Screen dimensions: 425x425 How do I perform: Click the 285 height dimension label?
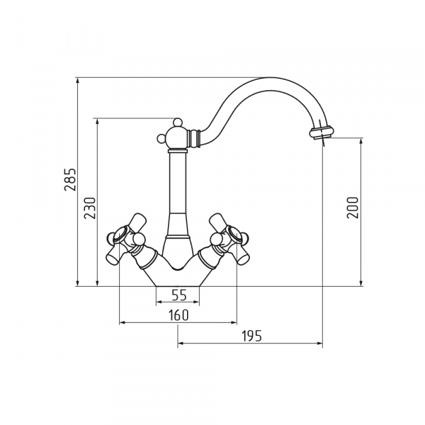pos(70,180)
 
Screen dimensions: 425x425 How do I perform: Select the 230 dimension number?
pos(90,208)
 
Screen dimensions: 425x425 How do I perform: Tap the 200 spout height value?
pos(353,208)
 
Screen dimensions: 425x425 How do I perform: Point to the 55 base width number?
pos(179,295)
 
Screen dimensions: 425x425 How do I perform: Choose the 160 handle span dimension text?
pos(178,315)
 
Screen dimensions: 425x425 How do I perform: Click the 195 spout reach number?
pos(251,336)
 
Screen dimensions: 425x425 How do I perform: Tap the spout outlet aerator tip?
pos(322,132)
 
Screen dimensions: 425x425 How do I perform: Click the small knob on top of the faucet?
pos(178,123)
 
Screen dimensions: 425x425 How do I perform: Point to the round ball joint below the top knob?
pos(177,137)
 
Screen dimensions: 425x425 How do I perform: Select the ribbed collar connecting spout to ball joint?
pos(194,139)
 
